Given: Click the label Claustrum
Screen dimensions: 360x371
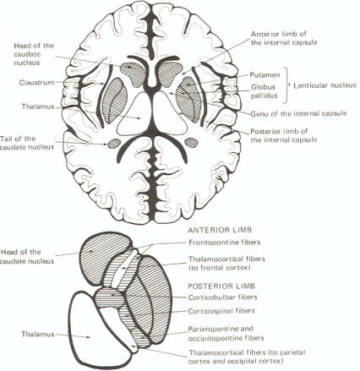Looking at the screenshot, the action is (x=36, y=83).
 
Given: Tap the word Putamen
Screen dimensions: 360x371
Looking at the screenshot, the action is (x=265, y=75).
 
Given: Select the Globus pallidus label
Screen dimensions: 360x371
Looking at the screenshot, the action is (x=264, y=91).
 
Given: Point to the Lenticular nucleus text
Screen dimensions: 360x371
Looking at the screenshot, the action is (x=325, y=85).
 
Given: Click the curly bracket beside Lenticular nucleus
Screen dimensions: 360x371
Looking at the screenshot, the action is (x=286, y=85).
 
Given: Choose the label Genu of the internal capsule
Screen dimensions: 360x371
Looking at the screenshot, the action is (x=298, y=113).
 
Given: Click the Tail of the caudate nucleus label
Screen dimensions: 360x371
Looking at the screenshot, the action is (x=27, y=143).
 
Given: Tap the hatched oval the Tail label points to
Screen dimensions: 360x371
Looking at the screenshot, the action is (x=114, y=144).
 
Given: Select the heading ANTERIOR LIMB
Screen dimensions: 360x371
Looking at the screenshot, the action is (x=220, y=230).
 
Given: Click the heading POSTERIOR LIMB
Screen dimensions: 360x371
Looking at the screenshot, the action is (x=221, y=286).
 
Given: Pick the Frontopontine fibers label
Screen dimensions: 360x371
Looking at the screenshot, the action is (x=224, y=243).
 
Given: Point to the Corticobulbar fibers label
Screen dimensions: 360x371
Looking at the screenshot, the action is (x=222, y=297).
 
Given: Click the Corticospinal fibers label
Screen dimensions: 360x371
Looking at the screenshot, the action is (x=221, y=311).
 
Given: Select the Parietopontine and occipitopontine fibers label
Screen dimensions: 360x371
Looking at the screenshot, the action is (x=226, y=333).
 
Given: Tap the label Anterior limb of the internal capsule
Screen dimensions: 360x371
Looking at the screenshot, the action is (x=284, y=38).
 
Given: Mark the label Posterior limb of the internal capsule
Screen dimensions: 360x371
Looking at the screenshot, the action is (x=284, y=135).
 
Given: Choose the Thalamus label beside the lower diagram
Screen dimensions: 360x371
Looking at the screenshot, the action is (x=38, y=335).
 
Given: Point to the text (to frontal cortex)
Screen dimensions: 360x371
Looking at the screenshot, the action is (x=219, y=268).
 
